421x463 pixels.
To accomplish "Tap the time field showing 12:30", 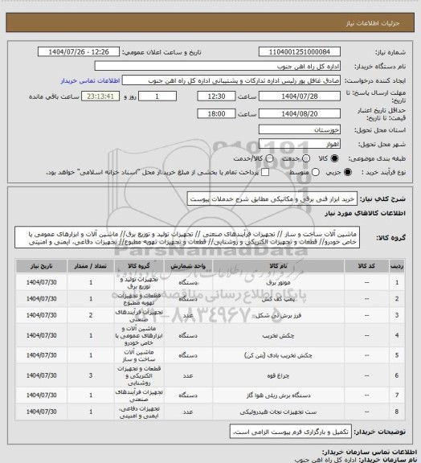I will (x=212, y=95).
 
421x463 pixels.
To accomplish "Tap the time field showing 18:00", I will (x=212, y=114).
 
